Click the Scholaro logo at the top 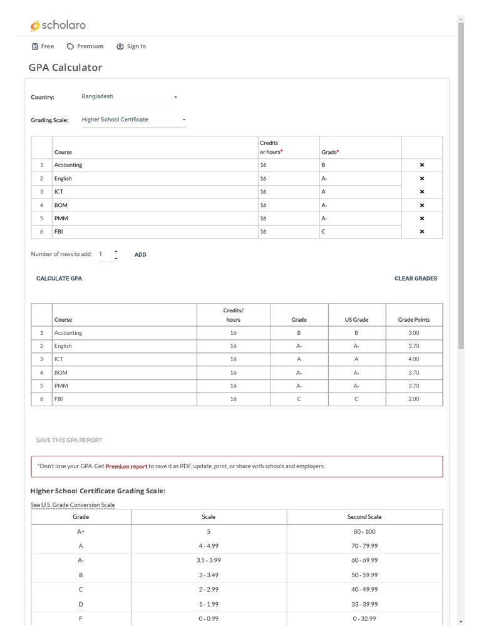pos(58,25)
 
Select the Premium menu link pos(85,46)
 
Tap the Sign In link pos(131,46)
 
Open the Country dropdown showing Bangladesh pos(130,97)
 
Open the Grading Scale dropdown pos(133,120)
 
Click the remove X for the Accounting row pos(422,165)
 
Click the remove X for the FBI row pos(422,232)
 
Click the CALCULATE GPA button pos(59,279)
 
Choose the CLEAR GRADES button pos(416,279)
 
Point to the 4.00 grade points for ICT pos(413,359)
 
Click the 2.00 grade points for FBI pos(413,399)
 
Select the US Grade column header pos(356,320)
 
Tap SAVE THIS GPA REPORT pos(69,440)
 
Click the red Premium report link pos(126,466)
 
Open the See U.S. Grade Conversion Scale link pos(73,505)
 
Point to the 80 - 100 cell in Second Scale pos(365,531)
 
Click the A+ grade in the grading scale pos(81,531)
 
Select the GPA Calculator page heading pos(65,68)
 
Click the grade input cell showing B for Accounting pos(359,165)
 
